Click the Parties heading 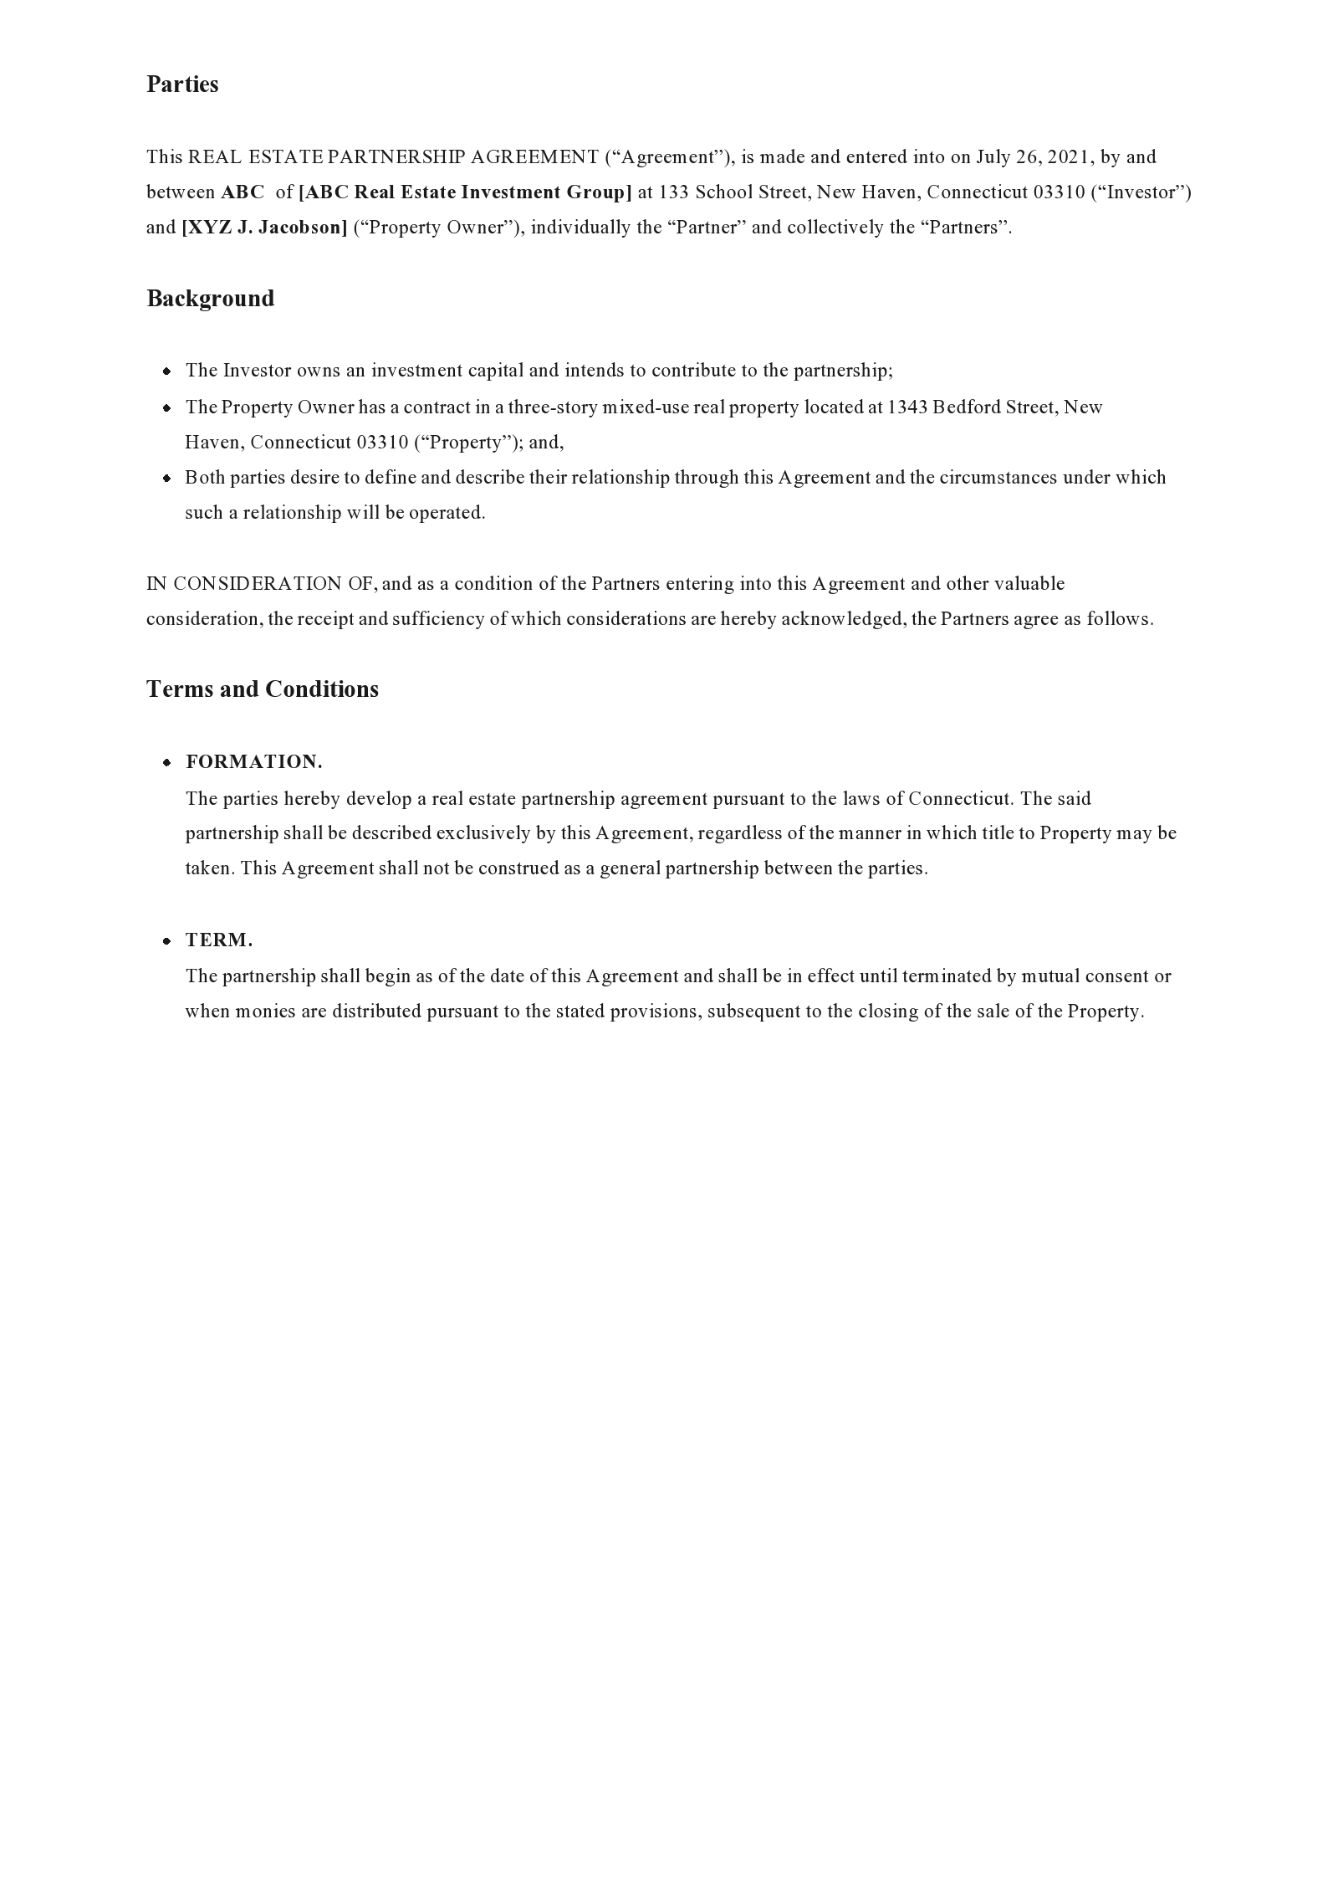click(182, 85)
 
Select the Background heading click(210, 299)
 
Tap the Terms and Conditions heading click(262, 689)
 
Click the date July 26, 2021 click(1034, 157)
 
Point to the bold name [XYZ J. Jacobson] click(264, 228)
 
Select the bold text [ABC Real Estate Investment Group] click(465, 192)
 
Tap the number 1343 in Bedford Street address click(907, 407)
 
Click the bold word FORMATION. click(253, 762)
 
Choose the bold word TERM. click(219, 940)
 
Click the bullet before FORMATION click(167, 762)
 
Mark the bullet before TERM click(167, 940)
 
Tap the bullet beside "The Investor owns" click(167, 371)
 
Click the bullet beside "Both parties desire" click(167, 478)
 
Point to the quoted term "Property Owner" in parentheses click(432, 228)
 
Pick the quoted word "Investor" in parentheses click(1141, 192)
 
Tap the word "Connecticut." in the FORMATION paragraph click(961, 799)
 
